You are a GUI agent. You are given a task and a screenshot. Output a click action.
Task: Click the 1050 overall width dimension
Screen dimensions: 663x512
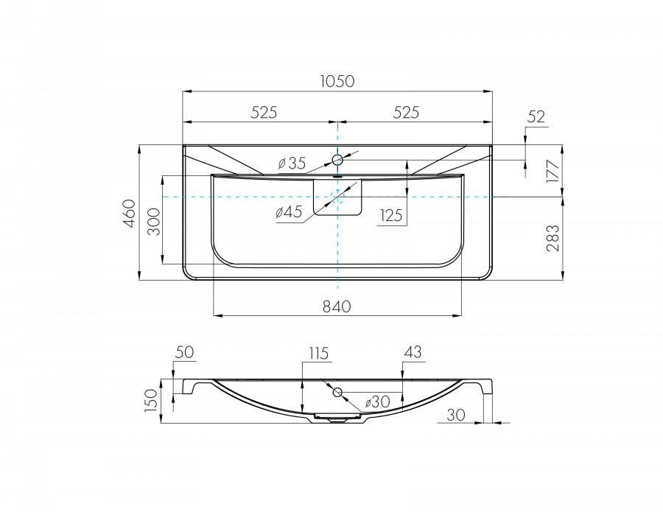(337, 81)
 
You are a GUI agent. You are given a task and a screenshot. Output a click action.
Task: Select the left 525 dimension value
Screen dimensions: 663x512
(264, 113)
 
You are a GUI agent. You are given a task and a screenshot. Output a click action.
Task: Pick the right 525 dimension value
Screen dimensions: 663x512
(406, 113)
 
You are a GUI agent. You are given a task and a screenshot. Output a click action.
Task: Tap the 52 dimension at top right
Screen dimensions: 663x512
(536, 116)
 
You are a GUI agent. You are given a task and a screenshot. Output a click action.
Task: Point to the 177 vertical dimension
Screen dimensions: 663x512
(553, 171)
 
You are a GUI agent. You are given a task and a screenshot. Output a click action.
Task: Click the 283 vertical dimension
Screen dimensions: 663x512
(553, 238)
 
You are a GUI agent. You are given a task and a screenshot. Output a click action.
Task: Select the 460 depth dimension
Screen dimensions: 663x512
(130, 213)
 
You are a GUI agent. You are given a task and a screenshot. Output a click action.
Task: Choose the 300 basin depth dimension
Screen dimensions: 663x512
(155, 222)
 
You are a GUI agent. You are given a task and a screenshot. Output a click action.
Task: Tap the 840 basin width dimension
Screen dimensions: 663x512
(337, 306)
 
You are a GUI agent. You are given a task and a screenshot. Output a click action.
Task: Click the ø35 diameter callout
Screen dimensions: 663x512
(292, 163)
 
